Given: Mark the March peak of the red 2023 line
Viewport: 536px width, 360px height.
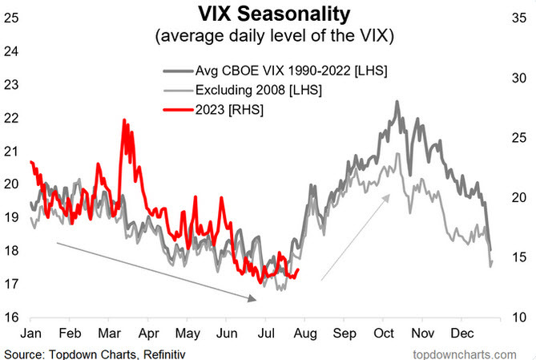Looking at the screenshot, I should point(124,120).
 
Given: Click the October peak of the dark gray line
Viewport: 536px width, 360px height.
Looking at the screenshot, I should point(397,102).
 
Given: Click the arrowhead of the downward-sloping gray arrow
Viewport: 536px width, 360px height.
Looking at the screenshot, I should point(254,299).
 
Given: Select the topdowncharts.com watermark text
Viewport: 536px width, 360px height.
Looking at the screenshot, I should point(464,353).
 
